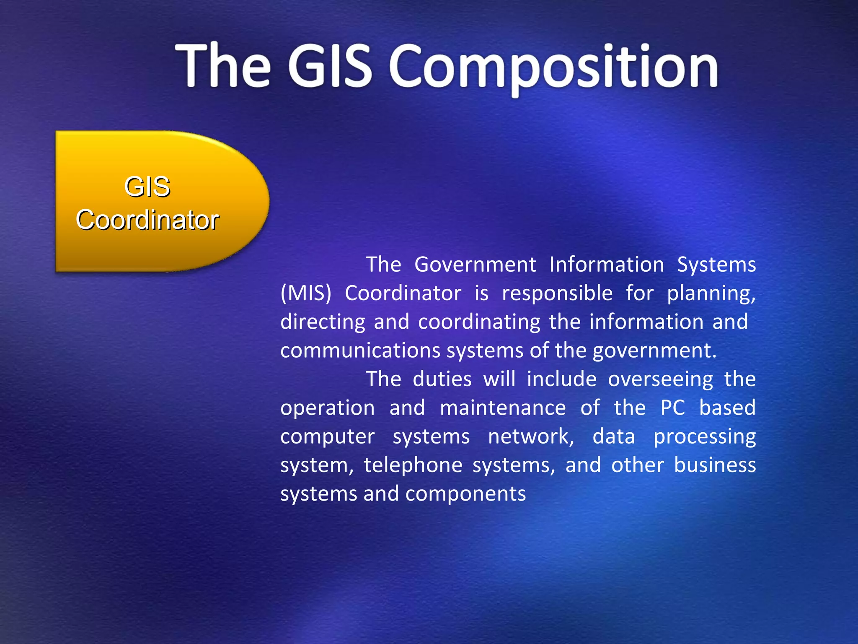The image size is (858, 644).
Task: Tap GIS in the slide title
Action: (330, 66)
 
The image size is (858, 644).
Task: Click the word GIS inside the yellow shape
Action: (147, 187)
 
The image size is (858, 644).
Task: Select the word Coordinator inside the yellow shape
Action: (147, 220)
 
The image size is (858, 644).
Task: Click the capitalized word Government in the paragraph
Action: (475, 265)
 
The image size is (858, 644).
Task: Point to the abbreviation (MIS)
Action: (306, 293)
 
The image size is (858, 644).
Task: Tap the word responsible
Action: (557, 293)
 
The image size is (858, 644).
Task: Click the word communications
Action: (361, 351)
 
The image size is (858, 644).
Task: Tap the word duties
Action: (442, 379)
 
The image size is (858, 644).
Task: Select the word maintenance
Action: (503, 408)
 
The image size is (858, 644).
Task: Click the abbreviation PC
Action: (672, 408)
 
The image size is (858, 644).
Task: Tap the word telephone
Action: (413, 465)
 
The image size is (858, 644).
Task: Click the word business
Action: (715, 465)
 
